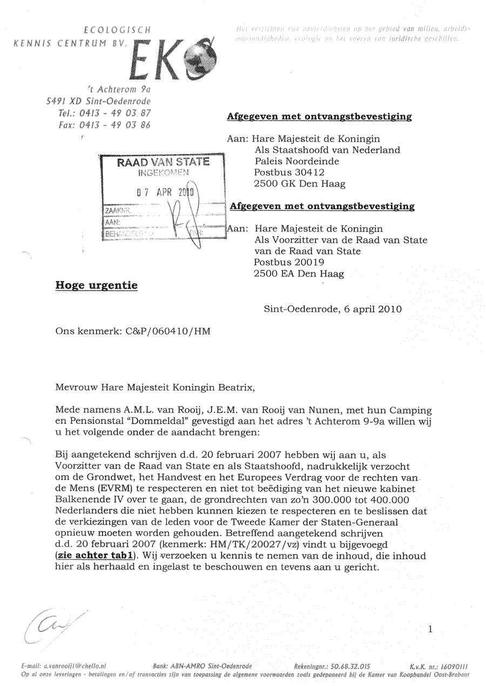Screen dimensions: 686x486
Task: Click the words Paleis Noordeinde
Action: pos(298,161)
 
